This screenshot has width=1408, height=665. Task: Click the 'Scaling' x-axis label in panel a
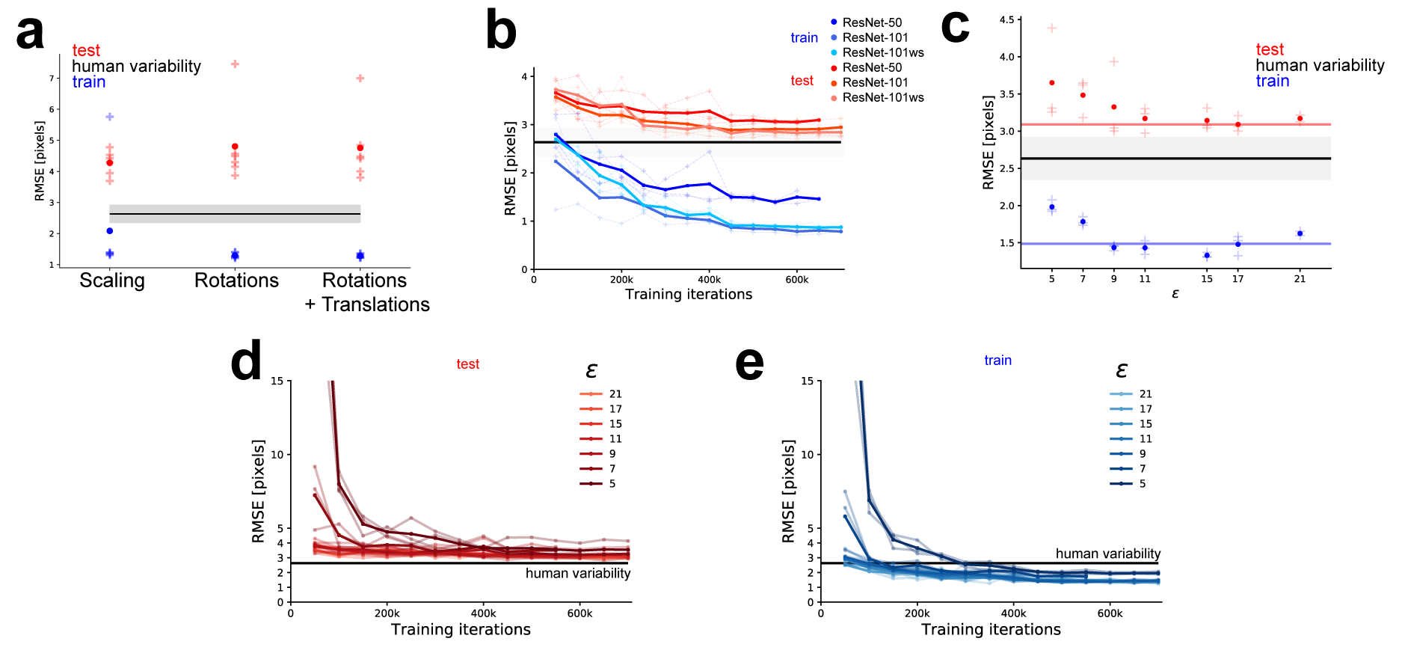click(112, 281)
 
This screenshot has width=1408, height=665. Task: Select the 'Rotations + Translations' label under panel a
click(366, 292)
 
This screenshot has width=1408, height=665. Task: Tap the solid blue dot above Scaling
click(110, 231)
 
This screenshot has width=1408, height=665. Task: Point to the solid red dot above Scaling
click(110, 163)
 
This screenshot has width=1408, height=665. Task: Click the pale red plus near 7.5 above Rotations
click(235, 64)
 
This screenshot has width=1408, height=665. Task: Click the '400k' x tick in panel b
click(709, 280)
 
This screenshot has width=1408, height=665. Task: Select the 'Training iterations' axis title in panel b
click(689, 295)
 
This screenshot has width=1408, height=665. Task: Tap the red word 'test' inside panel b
click(802, 81)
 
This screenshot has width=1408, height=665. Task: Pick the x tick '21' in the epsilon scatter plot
click(1300, 279)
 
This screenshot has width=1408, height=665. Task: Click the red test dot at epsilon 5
click(1052, 83)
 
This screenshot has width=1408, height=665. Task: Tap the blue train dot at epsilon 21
click(1300, 233)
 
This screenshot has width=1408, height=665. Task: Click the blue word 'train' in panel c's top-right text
click(1272, 82)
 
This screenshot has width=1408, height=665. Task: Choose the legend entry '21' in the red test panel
click(615, 394)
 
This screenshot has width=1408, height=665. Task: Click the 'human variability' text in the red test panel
click(577, 574)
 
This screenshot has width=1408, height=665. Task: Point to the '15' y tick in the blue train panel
click(807, 381)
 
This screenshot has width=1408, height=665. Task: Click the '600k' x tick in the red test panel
click(580, 613)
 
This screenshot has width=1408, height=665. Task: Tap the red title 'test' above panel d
click(468, 364)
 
